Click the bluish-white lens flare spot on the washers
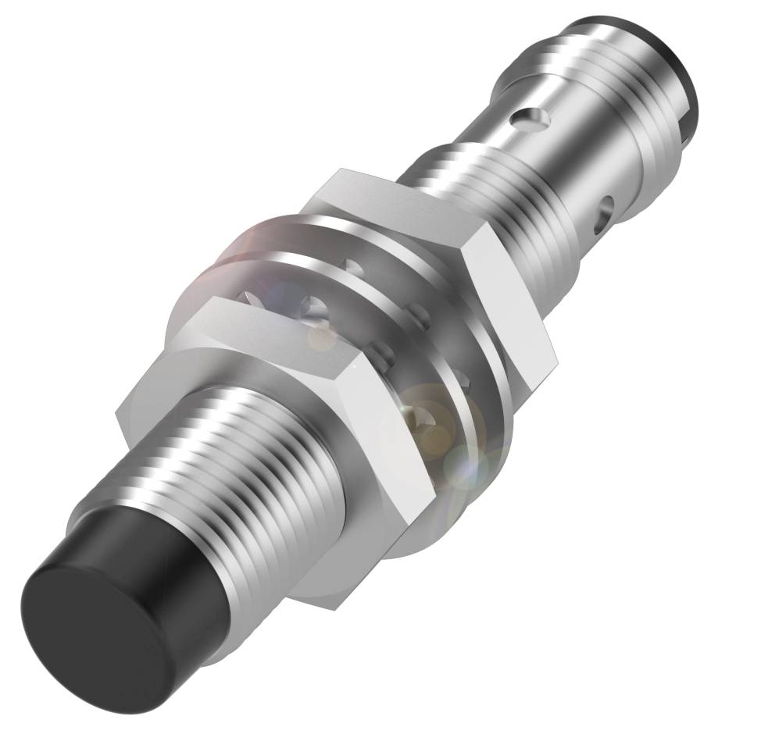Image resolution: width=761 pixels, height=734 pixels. click(461, 469)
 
